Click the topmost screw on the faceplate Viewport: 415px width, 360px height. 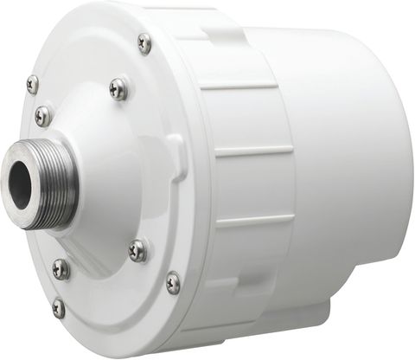pyautogui.click(x=144, y=42)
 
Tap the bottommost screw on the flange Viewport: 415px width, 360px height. pyautogui.click(x=58, y=306)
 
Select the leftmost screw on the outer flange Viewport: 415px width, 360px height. pyautogui.click(x=33, y=84)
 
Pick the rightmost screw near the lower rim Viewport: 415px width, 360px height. pyautogui.click(x=173, y=282)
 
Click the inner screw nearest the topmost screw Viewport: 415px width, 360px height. pyautogui.click(x=118, y=87)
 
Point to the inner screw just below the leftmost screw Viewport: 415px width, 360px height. pyautogui.click(x=42, y=115)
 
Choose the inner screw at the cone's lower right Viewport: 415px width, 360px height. pyautogui.click(x=137, y=251)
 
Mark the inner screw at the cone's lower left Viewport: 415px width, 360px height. pyautogui.click(x=61, y=268)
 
